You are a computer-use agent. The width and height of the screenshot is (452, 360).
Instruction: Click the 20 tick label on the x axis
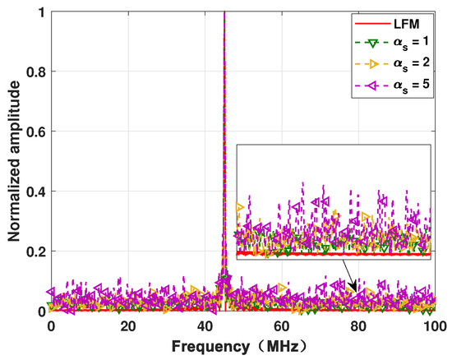(x=128, y=326)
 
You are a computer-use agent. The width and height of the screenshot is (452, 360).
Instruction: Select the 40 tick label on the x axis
(x=205, y=326)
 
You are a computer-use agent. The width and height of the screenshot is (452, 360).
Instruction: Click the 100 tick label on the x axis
(x=434, y=326)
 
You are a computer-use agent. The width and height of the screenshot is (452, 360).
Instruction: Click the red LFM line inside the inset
(x=329, y=254)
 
